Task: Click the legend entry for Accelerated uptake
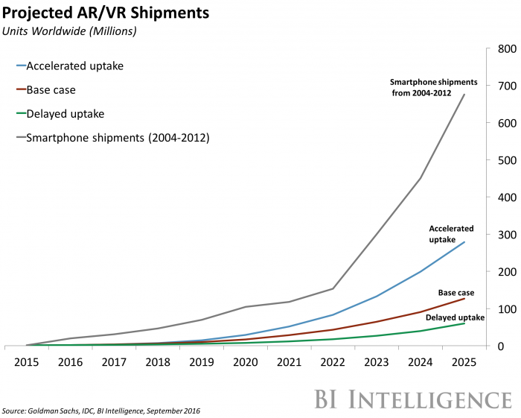coord(74,66)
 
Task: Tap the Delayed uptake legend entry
coord(65,114)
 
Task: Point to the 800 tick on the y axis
coord(502,49)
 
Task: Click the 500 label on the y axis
coord(502,160)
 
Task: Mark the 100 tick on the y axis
coord(502,309)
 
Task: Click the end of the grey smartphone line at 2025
coord(464,95)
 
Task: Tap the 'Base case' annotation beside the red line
coord(455,293)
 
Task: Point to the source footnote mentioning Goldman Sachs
coord(101,411)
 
